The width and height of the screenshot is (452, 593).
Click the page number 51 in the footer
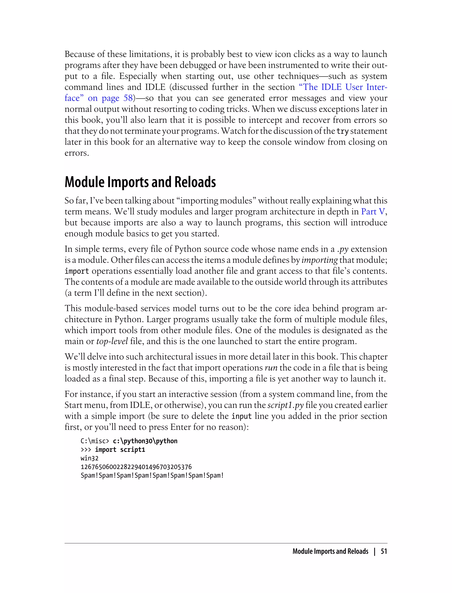[x=384, y=552]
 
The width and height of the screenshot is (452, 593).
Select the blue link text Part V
[x=373, y=212]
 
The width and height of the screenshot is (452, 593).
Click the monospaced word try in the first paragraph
[x=343, y=131]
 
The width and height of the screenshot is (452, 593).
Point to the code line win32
[x=89, y=458]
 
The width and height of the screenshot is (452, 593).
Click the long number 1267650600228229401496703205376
[x=136, y=467]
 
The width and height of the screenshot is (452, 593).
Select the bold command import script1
[x=120, y=450]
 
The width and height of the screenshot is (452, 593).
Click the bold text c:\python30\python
[x=145, y=441]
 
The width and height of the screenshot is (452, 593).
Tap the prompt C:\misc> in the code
[x=95, y=441]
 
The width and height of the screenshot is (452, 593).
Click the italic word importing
[x=319, y=260]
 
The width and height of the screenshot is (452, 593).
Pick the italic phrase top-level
[x=112, y=341]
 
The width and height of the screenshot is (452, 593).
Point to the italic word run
[x=271, y=368]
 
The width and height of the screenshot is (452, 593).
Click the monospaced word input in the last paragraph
[x=241, y=416]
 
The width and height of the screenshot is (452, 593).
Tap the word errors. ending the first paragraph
[x=77, y=153]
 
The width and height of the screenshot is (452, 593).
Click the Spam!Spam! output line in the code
[x=152, y=475]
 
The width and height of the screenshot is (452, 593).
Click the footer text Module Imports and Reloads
[x=330, y=552]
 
